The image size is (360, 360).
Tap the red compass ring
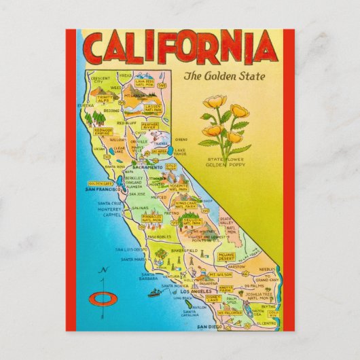(103, 297)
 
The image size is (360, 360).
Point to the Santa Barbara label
(131, 278)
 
